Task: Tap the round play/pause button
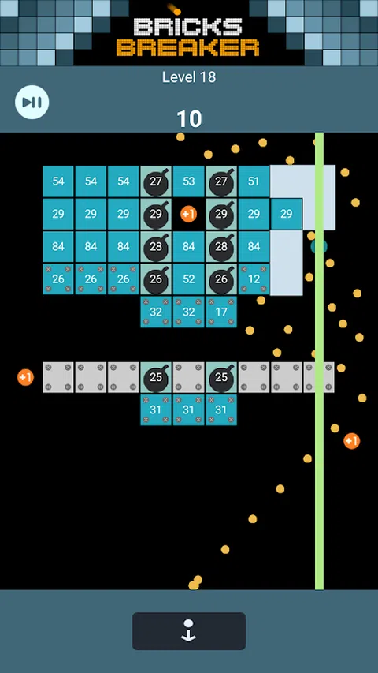pos(31,102)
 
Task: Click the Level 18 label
pos(189,77)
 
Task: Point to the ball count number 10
pos(189,119)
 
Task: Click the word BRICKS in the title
pos(187,27)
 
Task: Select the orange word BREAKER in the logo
pos(187,47)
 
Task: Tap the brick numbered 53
pos(188,181)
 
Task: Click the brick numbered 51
pos(254,181)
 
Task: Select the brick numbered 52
pos(188,279)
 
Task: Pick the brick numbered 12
pos(254,279)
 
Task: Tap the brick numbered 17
pos(221,312)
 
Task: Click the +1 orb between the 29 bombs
pos(188,214)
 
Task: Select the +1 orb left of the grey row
pos(25,377)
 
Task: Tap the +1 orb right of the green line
pos(351,441)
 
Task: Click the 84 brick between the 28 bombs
pos(188,246)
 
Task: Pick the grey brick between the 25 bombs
pos(188,377)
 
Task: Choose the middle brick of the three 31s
pos(188,410)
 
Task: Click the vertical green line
pos(319,361)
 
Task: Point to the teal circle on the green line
pos(319,246)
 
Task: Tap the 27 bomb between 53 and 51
pos(221,181)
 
